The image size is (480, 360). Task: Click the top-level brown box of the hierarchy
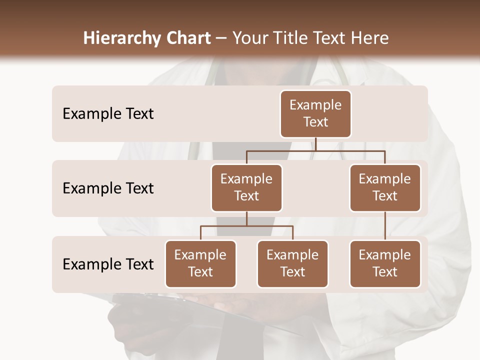pos(315,113)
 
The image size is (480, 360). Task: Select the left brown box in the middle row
pos(246,187)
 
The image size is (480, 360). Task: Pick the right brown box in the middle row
pos(385,187)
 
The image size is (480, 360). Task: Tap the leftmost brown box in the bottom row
pos(200,263)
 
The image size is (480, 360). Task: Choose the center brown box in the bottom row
pos(292,263)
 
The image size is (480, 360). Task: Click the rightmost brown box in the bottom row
pos(385,263)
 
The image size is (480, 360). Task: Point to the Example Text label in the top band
pos(108,114)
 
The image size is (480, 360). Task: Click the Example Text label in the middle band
pos(108,188)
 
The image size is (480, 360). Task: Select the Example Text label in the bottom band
pos(108,264)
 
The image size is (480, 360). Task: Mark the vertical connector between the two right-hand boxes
pos(385,226)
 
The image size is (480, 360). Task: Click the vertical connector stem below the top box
pos(315,144)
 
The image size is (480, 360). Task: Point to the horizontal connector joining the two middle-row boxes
pos(315,150)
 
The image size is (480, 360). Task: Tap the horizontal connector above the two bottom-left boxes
pos(246,226)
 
